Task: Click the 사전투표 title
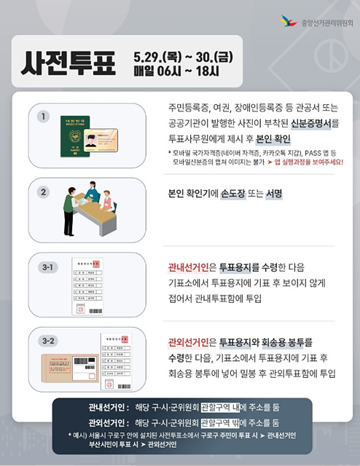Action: point(70,64)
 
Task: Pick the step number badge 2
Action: point(44,193)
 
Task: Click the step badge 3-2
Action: point(48,340)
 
